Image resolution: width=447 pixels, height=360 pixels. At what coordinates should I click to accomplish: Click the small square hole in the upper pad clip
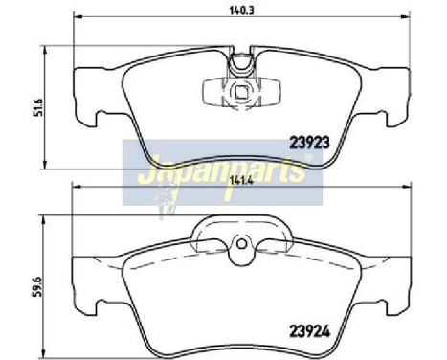238,93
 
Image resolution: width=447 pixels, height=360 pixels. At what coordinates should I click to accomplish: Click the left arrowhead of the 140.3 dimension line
78,18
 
